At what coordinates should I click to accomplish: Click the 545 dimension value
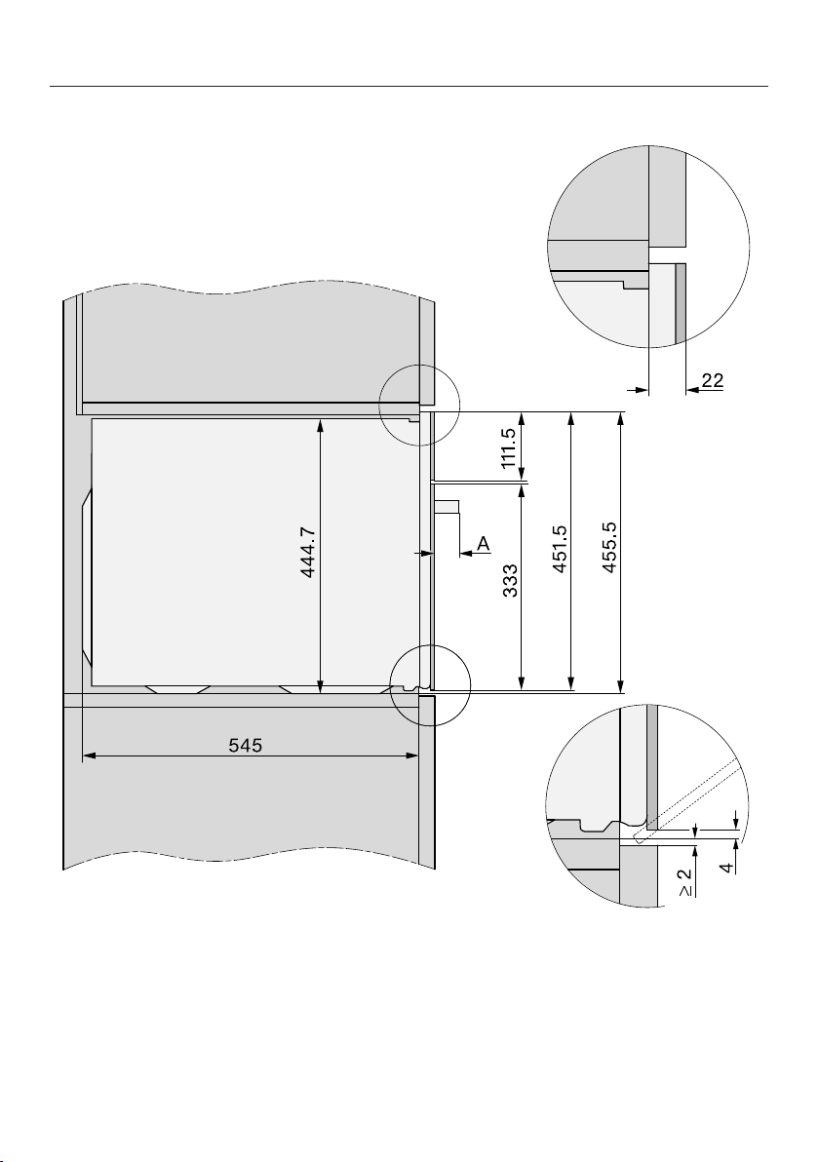(x=246, y=745)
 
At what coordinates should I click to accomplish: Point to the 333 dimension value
(x=508, y=581)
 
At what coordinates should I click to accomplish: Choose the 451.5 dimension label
(x=560, y=549)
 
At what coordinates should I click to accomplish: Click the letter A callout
(x=484, y=544)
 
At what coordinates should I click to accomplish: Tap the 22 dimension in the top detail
(x=713, y=381)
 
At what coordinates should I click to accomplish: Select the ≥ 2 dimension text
(x=686, y=882)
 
